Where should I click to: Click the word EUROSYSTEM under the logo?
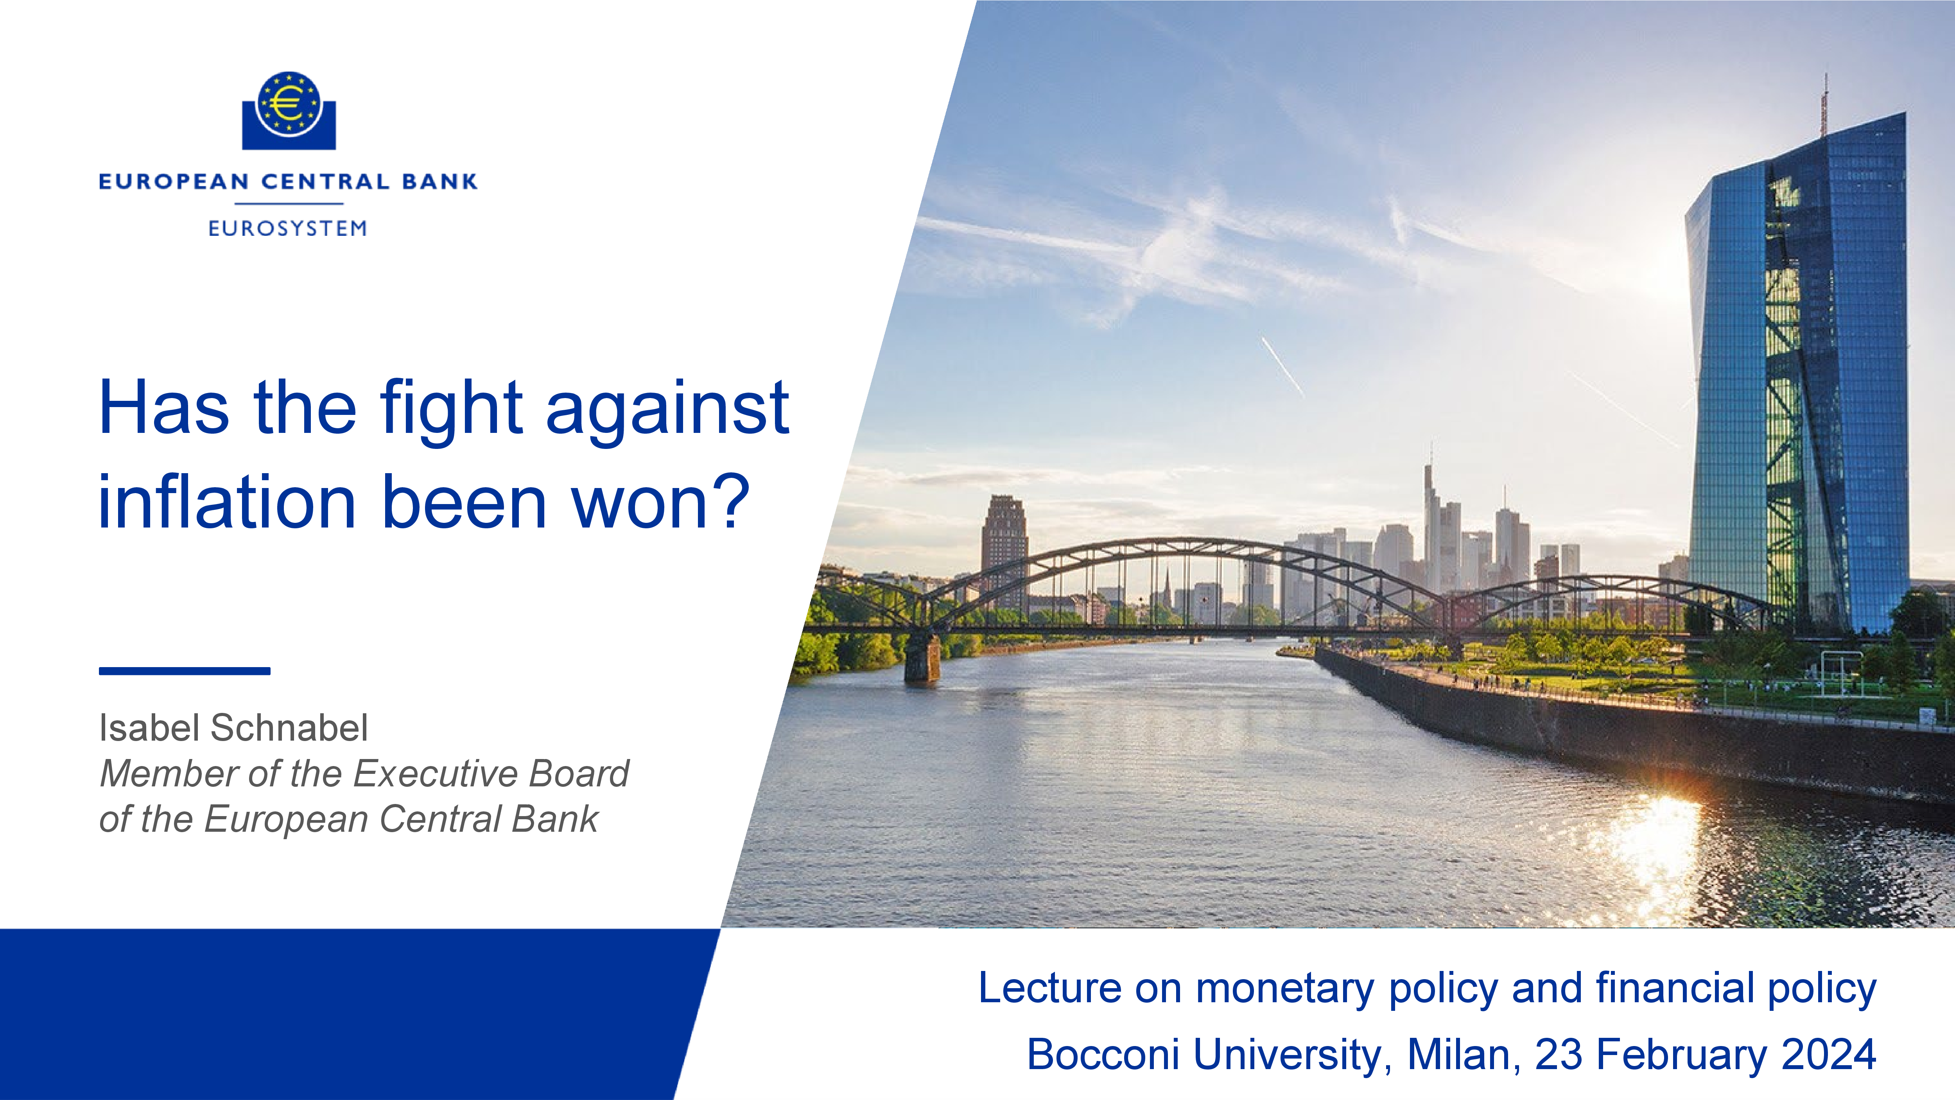[x=288, y=228]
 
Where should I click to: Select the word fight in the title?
[x=452, y=410]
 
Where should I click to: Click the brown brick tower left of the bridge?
[x=1004, y=550]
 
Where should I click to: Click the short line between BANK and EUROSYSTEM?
[x=289, y=203]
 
